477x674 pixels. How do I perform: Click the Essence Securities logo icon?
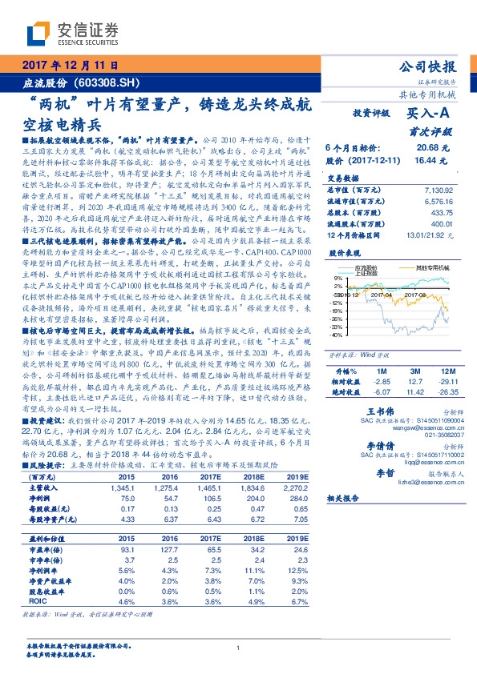pos(39,33)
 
